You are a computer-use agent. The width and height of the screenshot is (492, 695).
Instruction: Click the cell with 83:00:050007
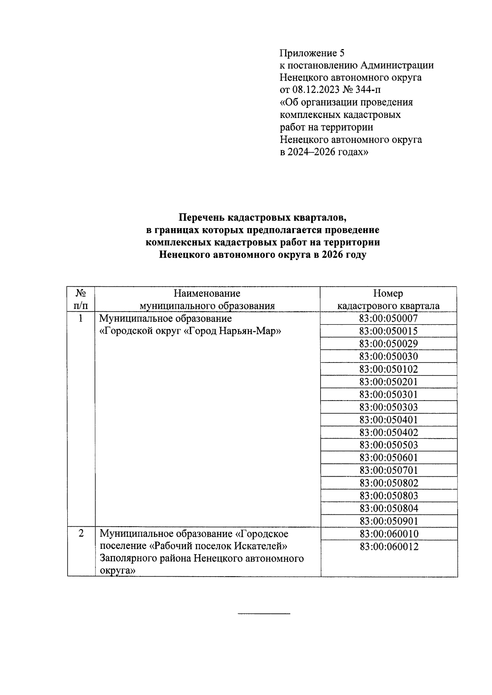point(389,318)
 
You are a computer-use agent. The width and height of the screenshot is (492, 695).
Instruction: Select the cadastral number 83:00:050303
point(389,407)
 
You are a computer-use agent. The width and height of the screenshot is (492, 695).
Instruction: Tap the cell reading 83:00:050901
point(389,521)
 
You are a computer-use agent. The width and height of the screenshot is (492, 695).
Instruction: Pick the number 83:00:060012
point(389,547)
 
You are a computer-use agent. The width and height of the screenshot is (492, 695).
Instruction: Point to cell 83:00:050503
point(389,445)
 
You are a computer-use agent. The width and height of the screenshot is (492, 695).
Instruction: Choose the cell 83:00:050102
point(389,369)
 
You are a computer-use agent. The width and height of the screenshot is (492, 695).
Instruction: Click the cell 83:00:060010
point(389,534)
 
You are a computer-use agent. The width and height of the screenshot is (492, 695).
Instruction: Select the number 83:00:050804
point(389,509)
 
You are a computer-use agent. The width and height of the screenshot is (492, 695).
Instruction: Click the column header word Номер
point(388,294)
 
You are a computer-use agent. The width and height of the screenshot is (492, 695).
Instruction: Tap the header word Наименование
point(207,294)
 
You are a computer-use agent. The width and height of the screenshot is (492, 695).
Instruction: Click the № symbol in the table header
point(81,293)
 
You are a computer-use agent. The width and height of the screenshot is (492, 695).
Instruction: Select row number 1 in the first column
point(81,318)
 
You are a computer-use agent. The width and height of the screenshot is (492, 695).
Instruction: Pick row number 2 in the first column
point(81,534)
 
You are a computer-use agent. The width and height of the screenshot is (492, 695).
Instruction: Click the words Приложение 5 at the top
point(312,53)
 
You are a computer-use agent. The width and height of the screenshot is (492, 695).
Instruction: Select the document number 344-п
point(371,90)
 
